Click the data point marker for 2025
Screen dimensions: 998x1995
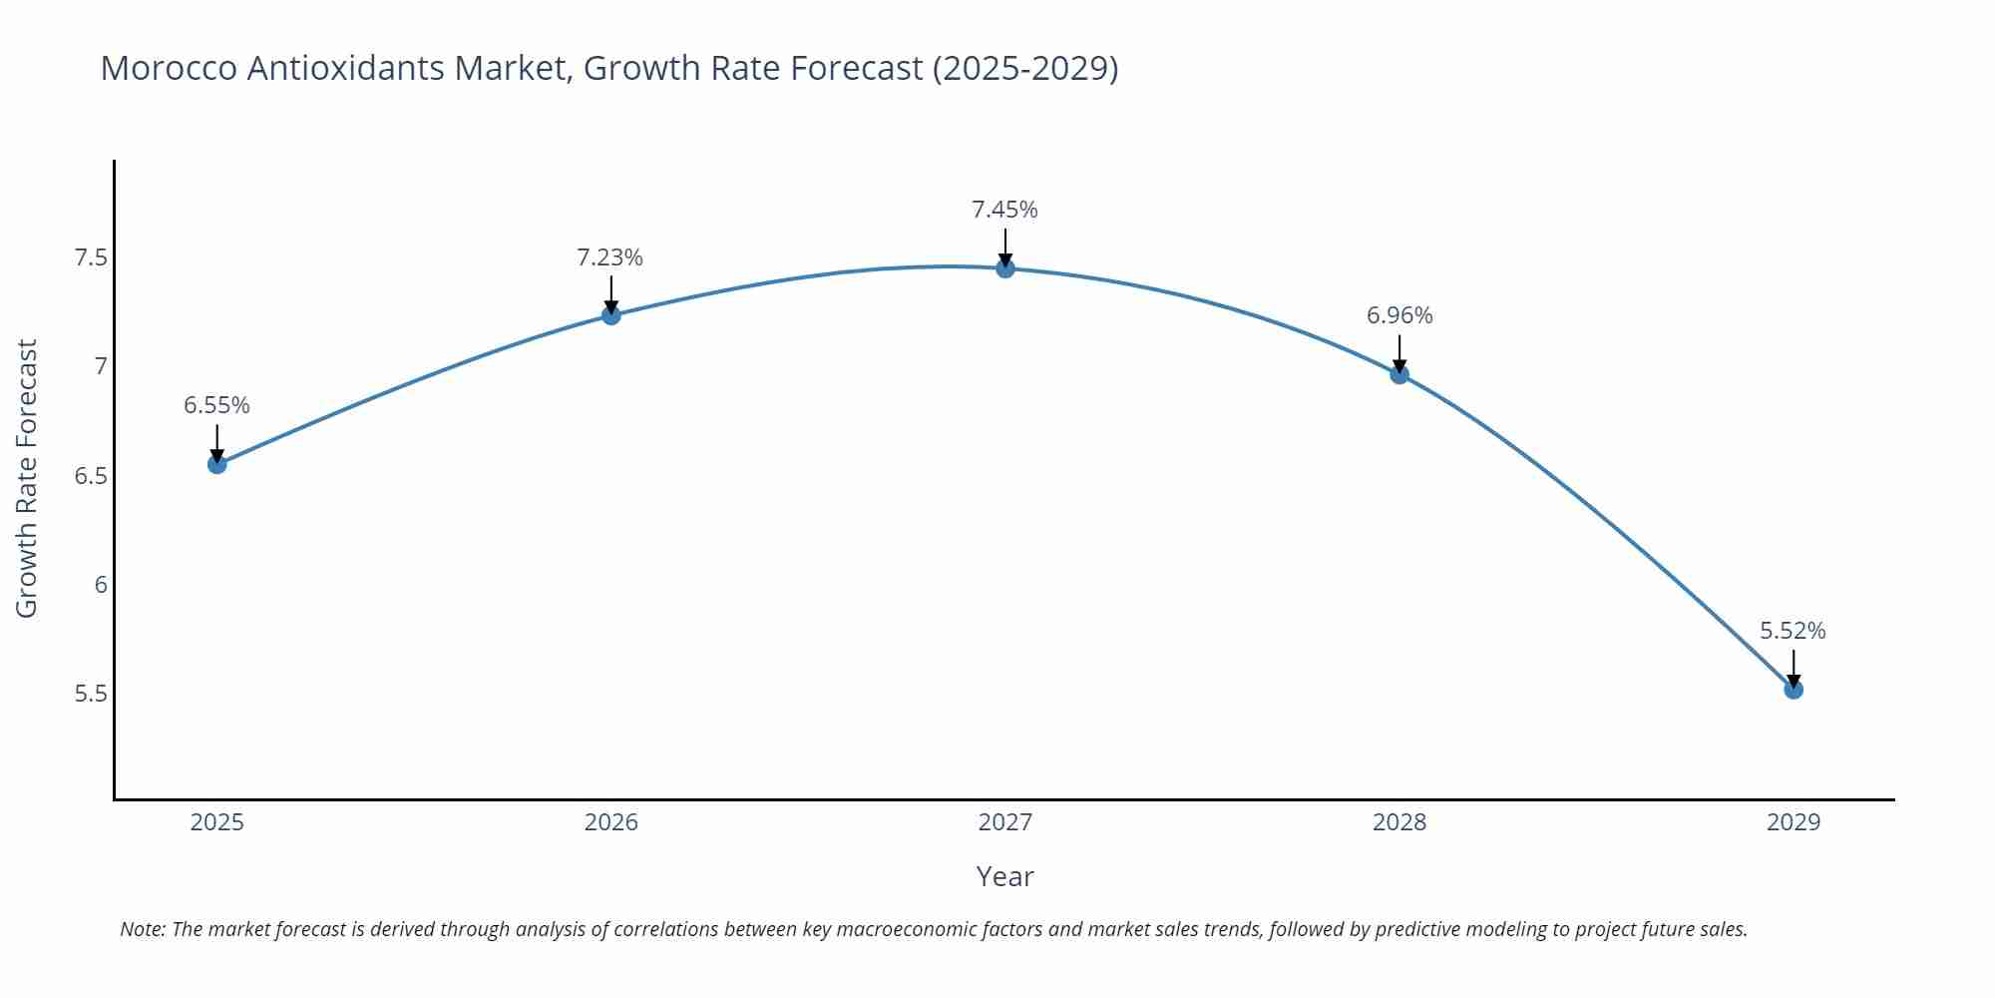coord(216,464)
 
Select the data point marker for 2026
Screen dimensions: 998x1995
coord(611,315)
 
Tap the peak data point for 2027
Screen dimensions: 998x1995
coord(1004,268)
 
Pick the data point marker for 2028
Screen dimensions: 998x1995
coord(1399,374)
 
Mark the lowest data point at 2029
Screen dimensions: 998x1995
coord(1794,690)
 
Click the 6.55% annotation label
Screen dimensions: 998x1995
coord(216,405)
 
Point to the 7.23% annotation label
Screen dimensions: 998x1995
coord(609,257)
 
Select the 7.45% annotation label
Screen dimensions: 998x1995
coord(1004,210)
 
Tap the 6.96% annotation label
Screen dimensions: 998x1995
coord(1399,315)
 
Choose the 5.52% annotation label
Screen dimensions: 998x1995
coord(1793,631)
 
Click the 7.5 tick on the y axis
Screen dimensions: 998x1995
coord(91,258)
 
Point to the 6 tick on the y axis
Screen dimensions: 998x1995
coord(101,585)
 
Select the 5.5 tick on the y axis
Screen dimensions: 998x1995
coord(91,694)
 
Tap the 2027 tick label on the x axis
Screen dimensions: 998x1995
coord(1004,822)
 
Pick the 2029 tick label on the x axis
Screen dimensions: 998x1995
coord(1793,822)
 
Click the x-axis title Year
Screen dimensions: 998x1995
coord(1004,876)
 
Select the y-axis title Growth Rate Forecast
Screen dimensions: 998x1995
coord(27,479)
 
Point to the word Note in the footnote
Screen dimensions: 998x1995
coord(142,929)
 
